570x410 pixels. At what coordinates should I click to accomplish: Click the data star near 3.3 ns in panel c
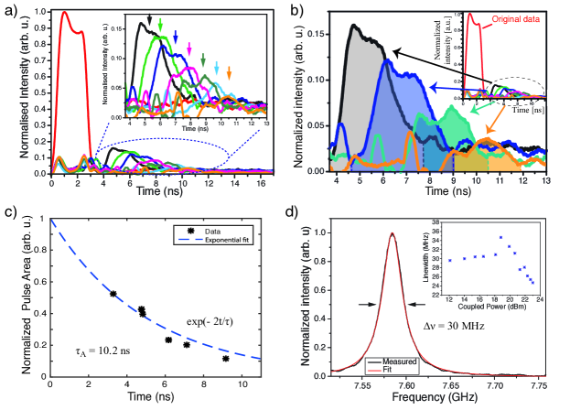[113, 294]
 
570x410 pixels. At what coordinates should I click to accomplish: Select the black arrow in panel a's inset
[149, 18]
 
